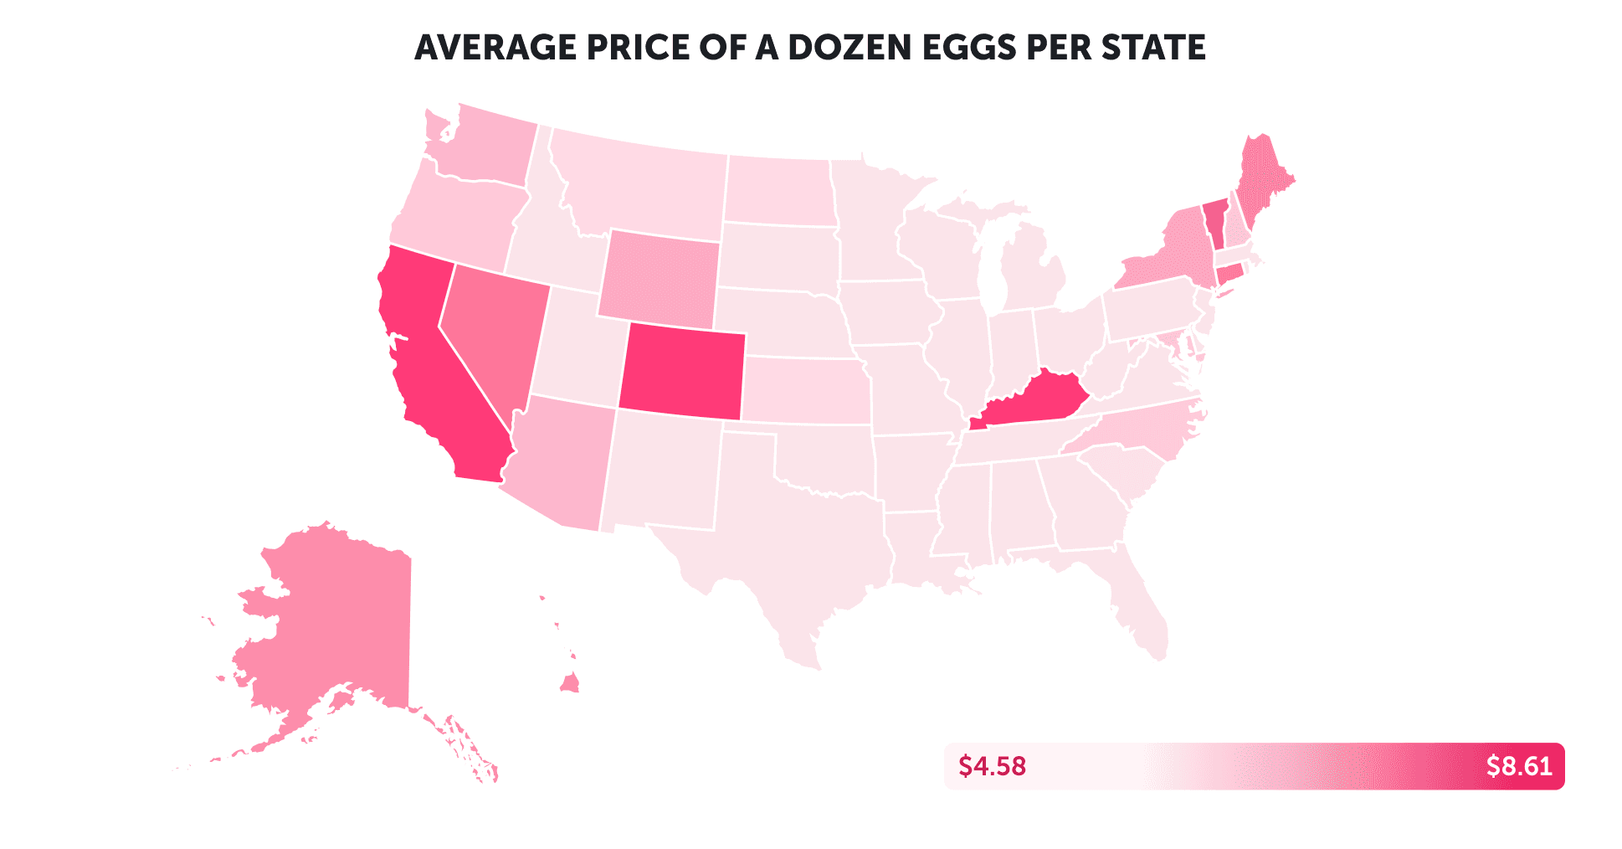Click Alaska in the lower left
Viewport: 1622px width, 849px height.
[x=335, y=620]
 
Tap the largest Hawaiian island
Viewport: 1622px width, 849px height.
[x=569, y=684]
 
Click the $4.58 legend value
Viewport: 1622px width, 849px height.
[x=992, y=766]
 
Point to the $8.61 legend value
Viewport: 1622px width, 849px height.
[x=1518, y=766]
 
